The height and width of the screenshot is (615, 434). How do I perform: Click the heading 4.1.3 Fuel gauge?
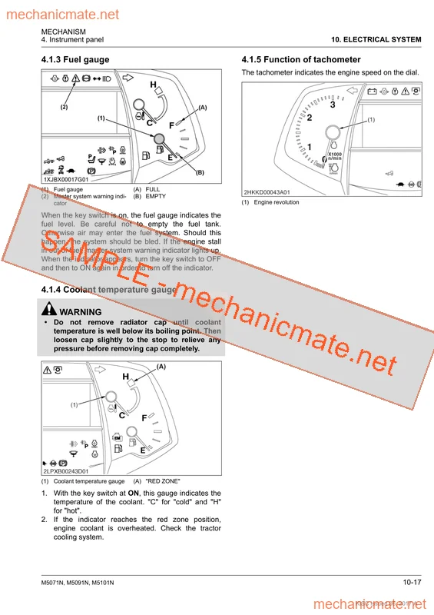75,59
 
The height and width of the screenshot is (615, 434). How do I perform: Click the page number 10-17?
411,582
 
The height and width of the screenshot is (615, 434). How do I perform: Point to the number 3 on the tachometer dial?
333,105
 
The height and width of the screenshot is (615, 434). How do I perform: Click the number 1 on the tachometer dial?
310,146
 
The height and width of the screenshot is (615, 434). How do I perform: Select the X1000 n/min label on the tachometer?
335,157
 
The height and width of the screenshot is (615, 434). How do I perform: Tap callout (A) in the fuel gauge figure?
203,108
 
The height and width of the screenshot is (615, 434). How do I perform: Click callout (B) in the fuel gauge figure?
199,172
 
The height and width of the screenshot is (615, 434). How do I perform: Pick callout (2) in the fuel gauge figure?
65,108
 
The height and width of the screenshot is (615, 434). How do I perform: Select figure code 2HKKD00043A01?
267,191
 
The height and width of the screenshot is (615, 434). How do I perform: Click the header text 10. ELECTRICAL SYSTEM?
376,39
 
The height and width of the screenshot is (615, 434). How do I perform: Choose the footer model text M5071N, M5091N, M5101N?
78,583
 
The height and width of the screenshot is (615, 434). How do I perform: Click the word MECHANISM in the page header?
63,32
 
